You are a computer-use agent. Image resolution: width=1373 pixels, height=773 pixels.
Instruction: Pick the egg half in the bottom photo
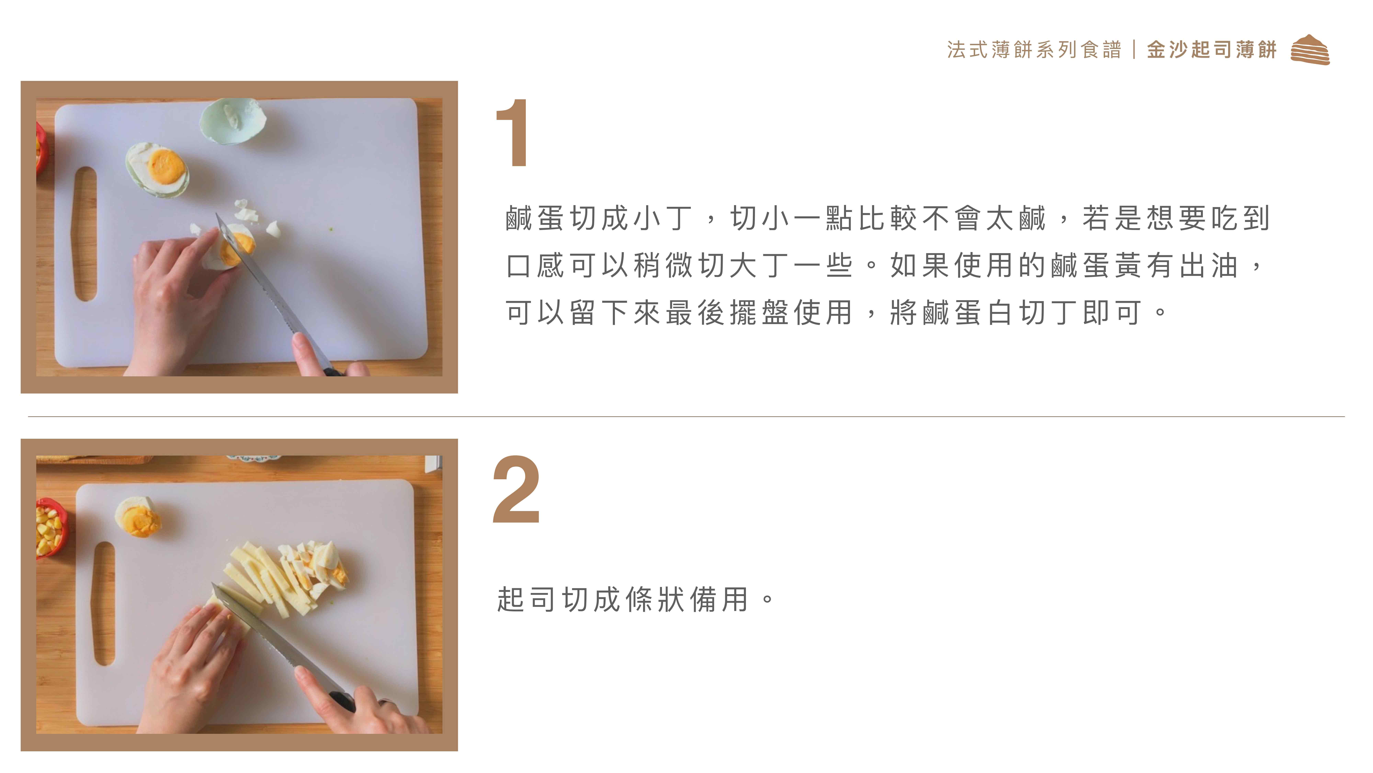coord(138,516)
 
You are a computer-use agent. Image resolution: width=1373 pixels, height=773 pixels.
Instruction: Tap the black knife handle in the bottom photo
coord(341,701)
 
